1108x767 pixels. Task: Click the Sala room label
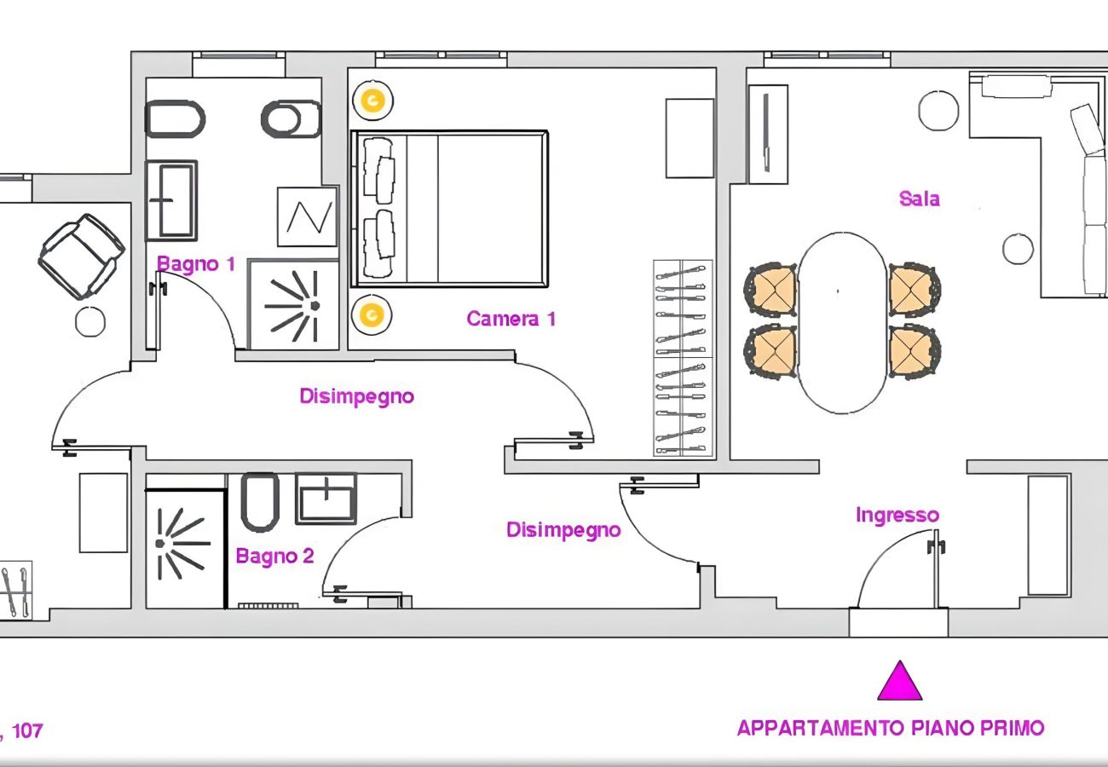point(919,199)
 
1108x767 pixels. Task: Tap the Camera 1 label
point(511,320)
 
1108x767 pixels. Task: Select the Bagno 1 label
point(195,264)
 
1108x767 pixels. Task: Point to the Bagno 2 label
point(274,557)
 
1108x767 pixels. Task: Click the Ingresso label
point(897,516)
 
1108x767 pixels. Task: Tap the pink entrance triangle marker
point(900,681)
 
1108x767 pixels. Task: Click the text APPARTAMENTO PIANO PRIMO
point(890,729)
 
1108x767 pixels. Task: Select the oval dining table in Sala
point(842,323)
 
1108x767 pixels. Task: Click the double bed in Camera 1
point(448,208)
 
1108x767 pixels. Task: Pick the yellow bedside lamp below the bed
point(372,315)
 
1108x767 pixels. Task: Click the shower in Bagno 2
point(183,543)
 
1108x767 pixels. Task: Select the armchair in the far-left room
point(81,256)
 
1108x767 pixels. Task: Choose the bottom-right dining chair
point(914,350)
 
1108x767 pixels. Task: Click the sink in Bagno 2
point(326,498)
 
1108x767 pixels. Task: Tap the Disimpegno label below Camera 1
point(356,396)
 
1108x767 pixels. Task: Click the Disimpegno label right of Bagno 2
point(563,530)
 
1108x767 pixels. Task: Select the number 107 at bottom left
point(27,731)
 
